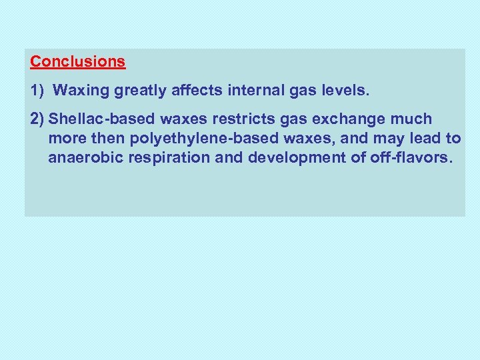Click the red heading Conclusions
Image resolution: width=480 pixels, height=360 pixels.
pyautogui.click(x=77, y=62)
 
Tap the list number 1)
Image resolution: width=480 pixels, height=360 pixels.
pyautogui.click(x=37, y=91)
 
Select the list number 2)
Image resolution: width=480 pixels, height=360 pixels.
pyautogui.click(x=37, y=119)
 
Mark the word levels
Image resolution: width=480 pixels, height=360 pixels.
pyautogui.click(x=343, y=91)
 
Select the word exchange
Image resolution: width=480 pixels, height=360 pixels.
pyautogui.click(x=331, y=119)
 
